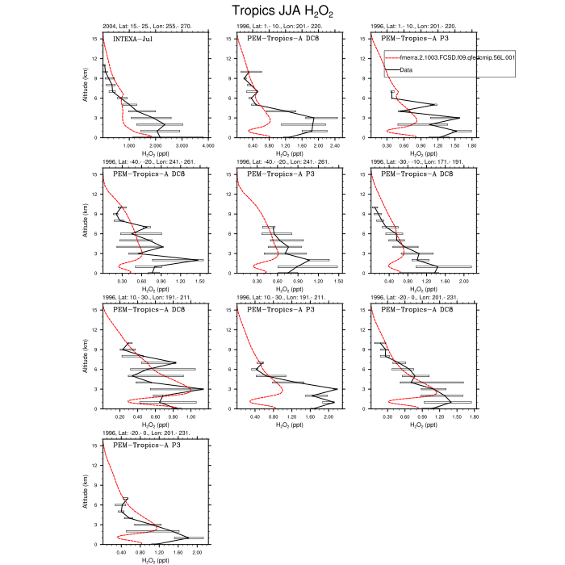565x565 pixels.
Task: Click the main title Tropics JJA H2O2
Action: (x=282, y=11)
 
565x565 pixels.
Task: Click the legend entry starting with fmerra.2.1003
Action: (x=450, y=58)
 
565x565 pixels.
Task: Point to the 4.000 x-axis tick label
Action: (x=208, y=146)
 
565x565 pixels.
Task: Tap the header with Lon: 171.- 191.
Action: (x=419, y=162)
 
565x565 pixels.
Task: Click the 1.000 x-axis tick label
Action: (x=128, y=146)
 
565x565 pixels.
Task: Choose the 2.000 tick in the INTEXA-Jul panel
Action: (x=155, y=146)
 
